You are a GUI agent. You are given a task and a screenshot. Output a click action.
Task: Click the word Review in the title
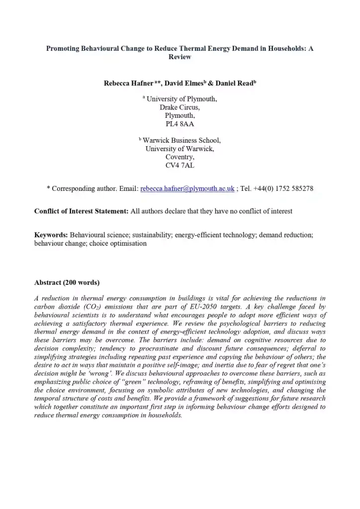pyautogui.click(x=180, y=57)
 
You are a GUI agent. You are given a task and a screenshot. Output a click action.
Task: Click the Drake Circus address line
pyautogui.click(x=180, y=107)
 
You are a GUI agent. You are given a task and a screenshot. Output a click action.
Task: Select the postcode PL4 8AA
pyautogui.click(x=180, y=123)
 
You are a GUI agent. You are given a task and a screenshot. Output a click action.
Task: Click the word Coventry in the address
pyautogui.click(x=180, y=157)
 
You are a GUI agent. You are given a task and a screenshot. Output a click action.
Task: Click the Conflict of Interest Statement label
pyautogui.click(x=81, y=211)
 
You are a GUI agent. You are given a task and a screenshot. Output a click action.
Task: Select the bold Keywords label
pyautogui.click(x=51, y=234)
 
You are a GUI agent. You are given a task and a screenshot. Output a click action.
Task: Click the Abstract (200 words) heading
pyautogui.click(x=67, y=283)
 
